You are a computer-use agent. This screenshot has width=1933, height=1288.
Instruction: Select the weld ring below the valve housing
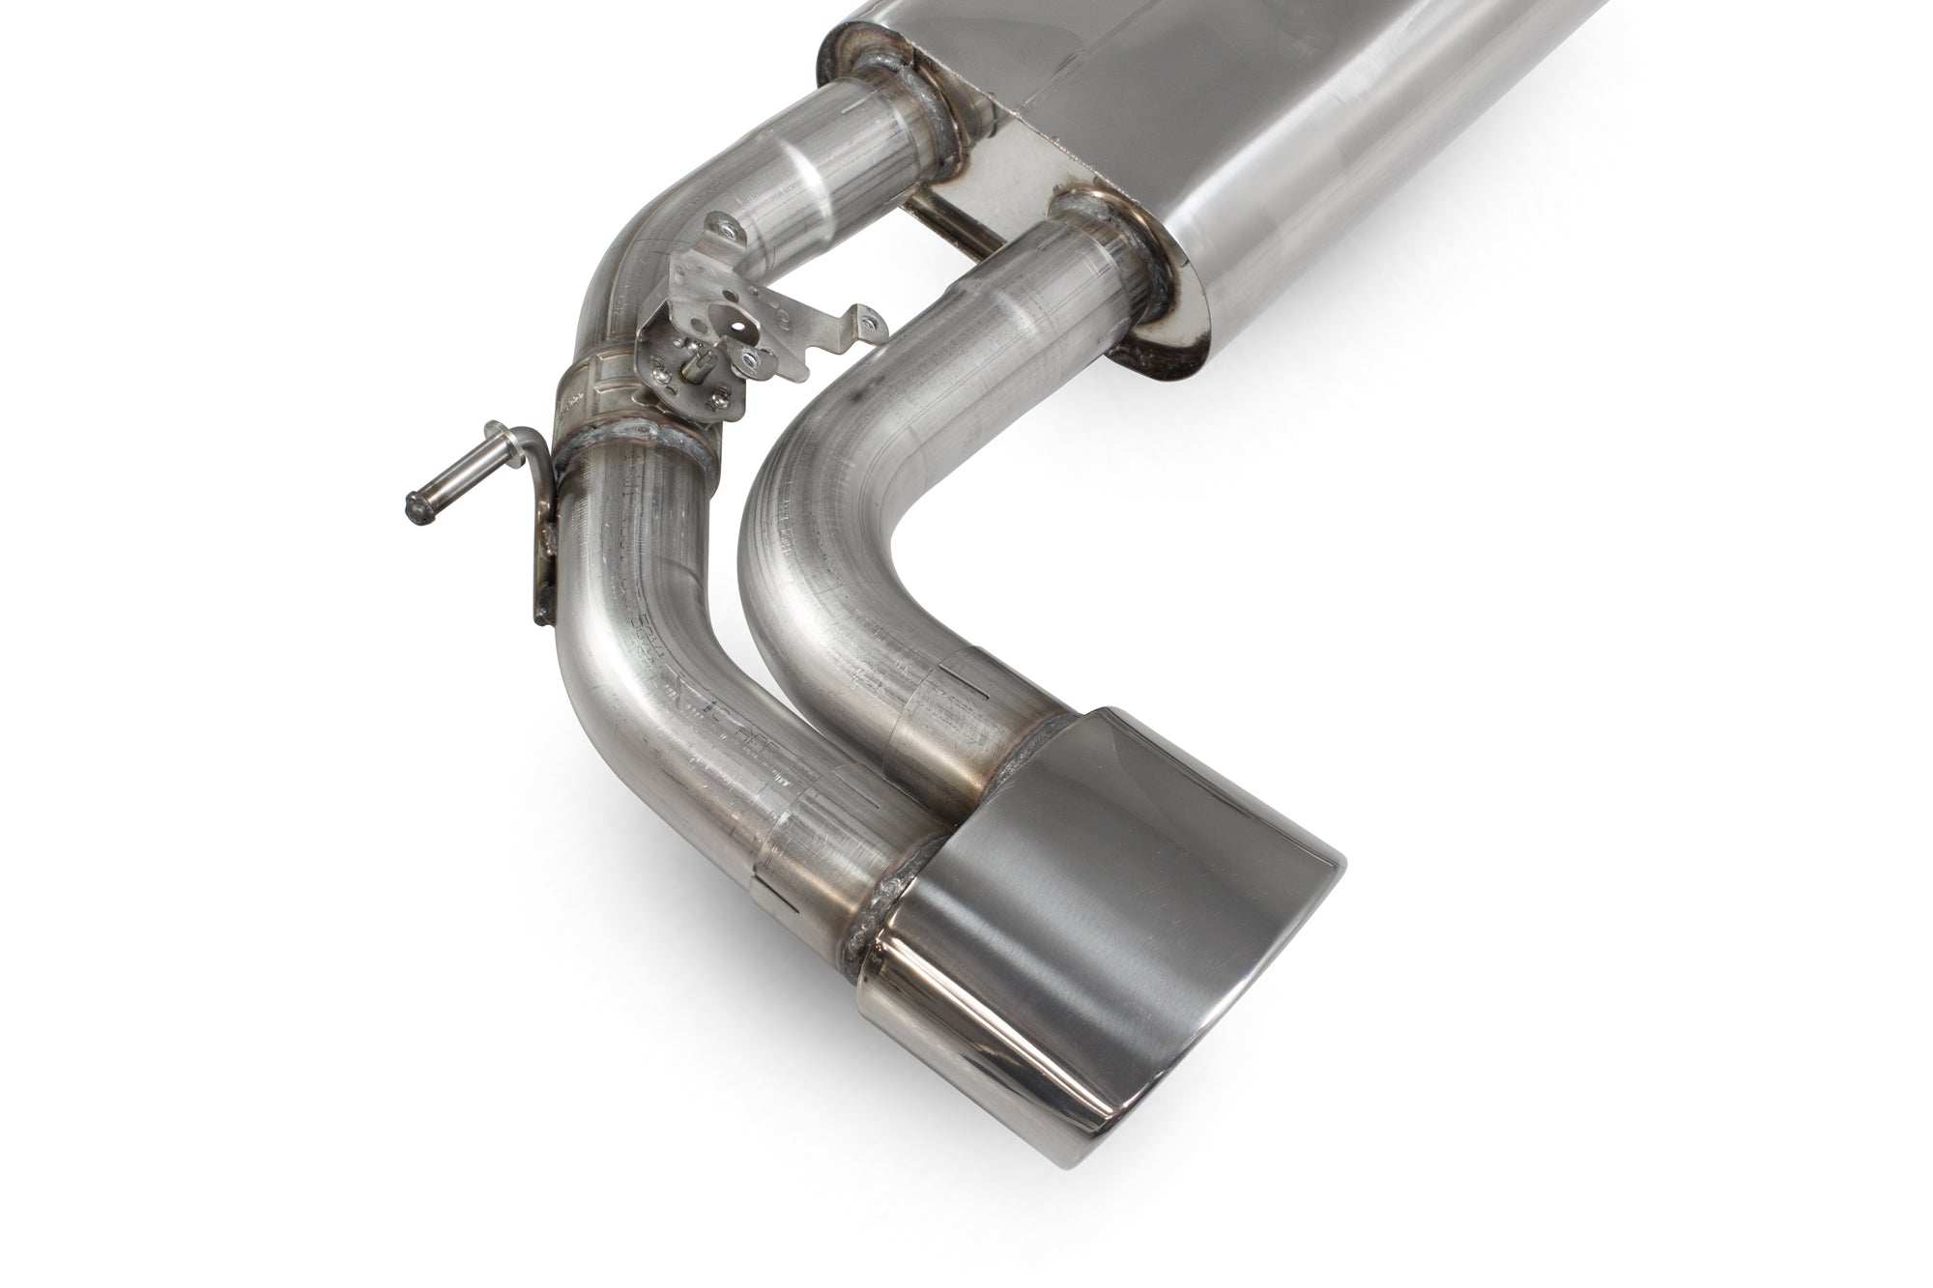coord(638,449)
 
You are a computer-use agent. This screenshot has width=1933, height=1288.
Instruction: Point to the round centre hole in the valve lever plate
coord(739,327)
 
